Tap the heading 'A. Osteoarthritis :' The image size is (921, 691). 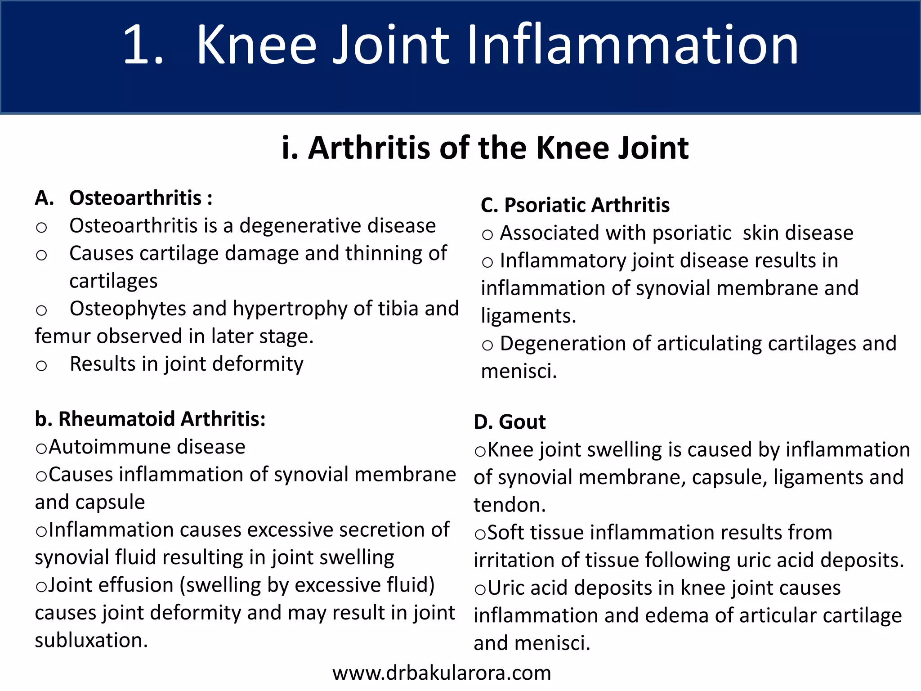(124, 198)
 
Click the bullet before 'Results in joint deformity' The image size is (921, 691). (41, 365)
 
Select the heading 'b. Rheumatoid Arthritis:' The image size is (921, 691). (150, 419)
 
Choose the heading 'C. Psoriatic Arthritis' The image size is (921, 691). (575, 205)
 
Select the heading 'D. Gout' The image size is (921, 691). (509, 422)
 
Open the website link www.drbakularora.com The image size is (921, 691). (442, 673)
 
